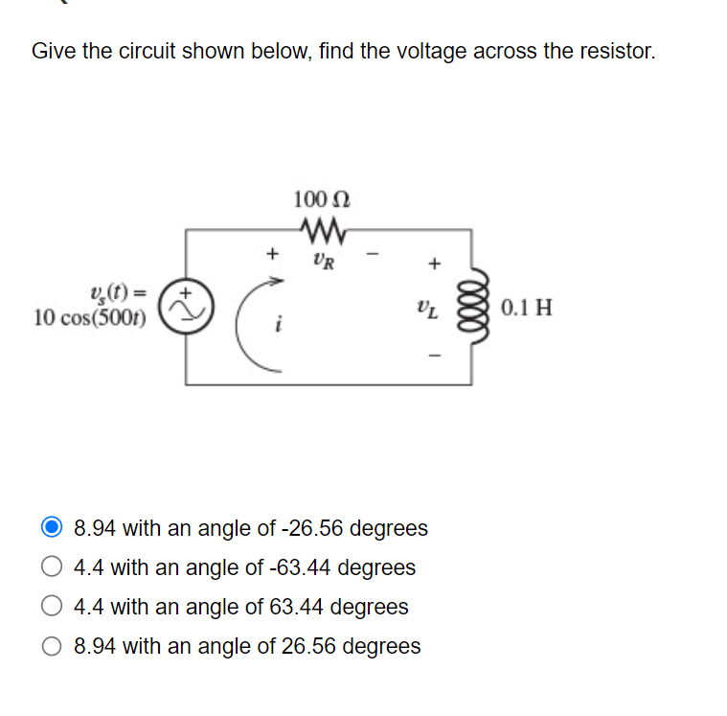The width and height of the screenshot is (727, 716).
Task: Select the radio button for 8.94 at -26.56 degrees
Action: pos(53,528)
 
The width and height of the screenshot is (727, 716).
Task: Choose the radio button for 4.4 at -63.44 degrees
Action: pos(53,567)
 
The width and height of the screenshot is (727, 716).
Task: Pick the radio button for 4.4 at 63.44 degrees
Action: pos(53,607)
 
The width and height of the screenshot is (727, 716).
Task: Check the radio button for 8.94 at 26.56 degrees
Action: pos(53,646)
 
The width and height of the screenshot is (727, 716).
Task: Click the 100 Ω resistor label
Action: pos(322,199)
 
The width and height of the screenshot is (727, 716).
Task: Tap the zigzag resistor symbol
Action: pos(322,229)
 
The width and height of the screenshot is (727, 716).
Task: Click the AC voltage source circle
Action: pos(186,305)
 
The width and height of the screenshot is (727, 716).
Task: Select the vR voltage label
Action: pos(322,260)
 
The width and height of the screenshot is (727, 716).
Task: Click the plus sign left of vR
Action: pos(272,254)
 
